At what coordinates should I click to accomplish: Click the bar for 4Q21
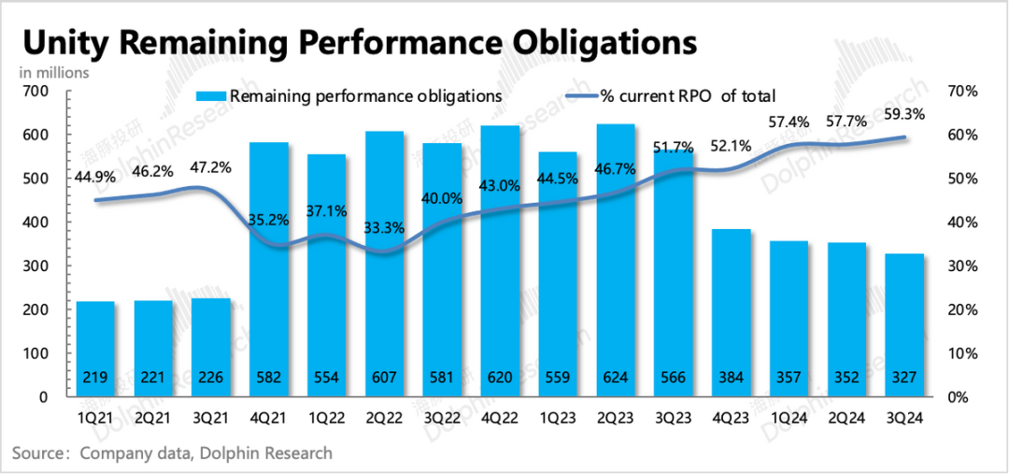pos(269,271)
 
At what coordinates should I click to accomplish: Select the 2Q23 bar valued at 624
pos(616,262)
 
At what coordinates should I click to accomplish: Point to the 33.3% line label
pos(384,228)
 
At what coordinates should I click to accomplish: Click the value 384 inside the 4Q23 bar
pos(732,379)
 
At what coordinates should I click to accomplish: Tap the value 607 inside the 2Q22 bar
pos(385,379)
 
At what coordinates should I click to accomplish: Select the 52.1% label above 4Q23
pos(732,147)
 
